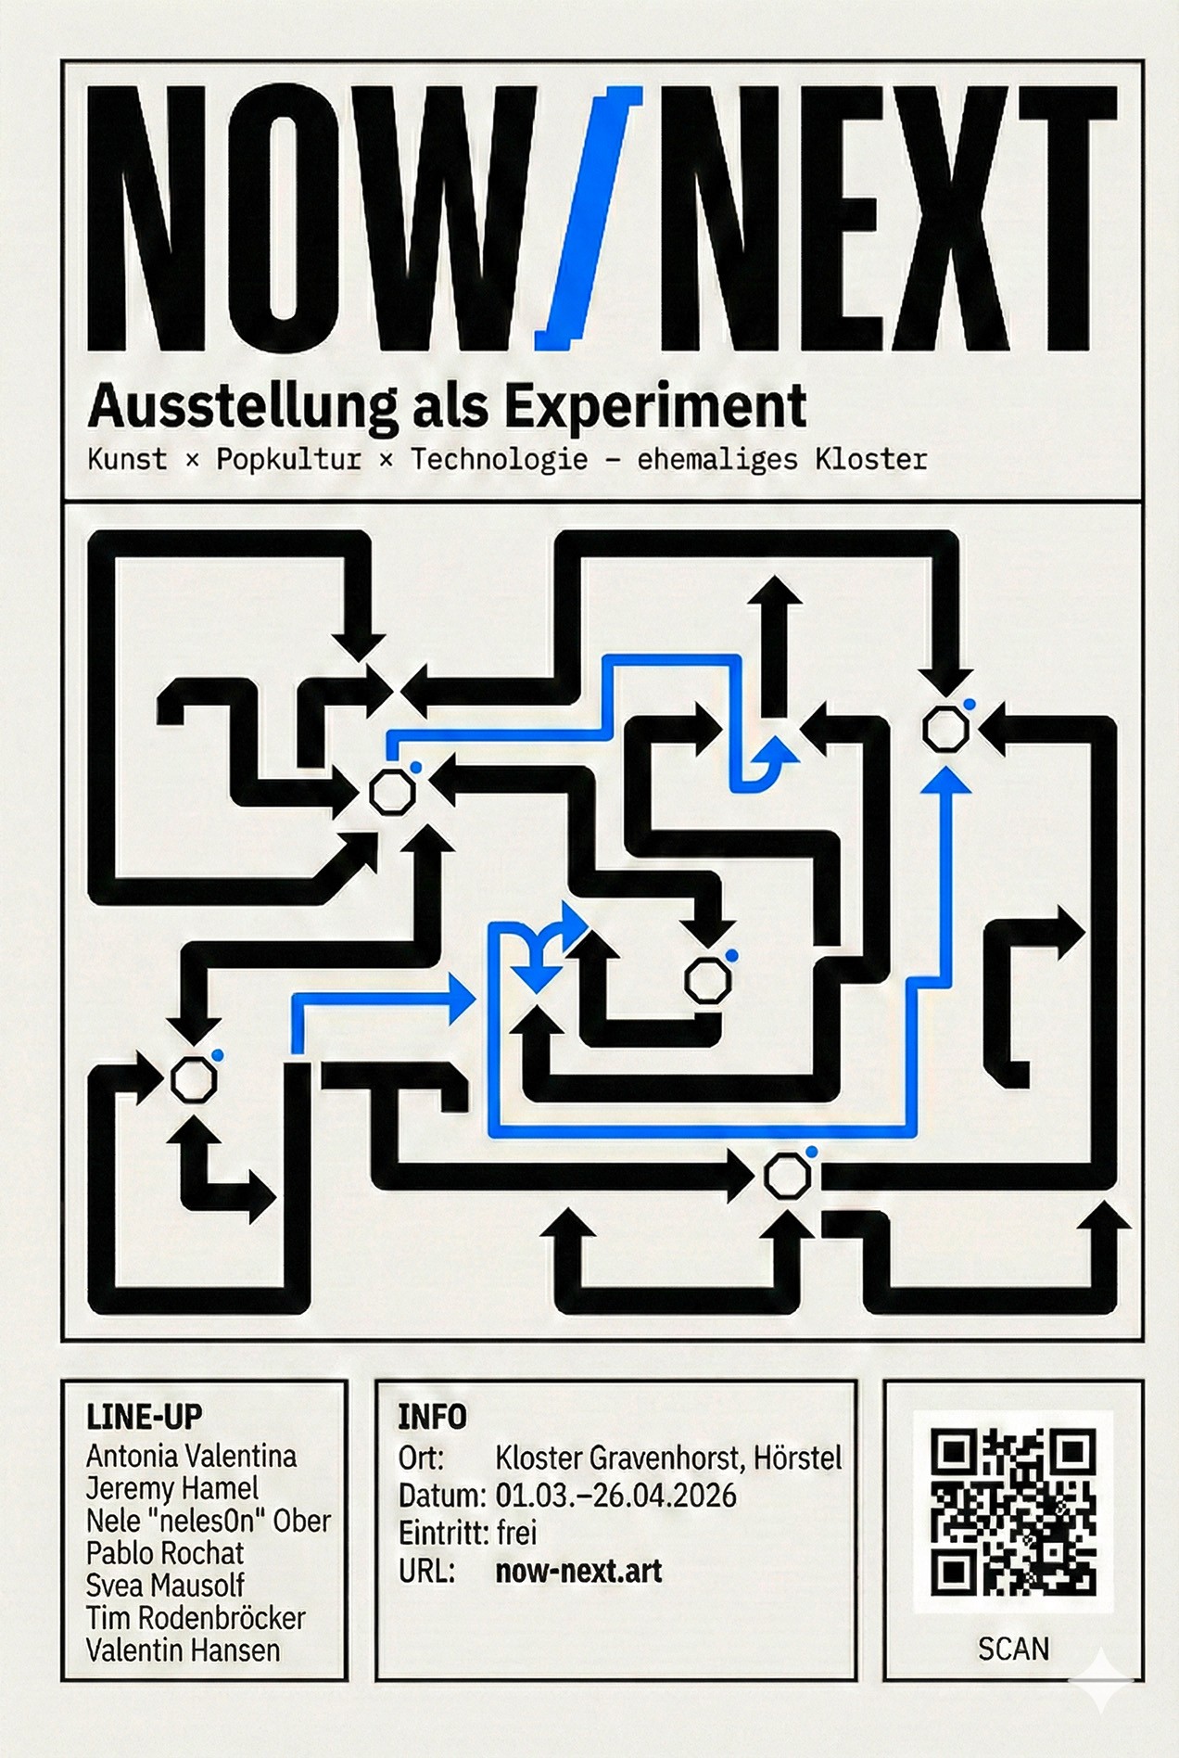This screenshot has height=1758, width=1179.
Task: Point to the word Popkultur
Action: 288,460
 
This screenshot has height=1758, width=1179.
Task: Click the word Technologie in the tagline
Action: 499,460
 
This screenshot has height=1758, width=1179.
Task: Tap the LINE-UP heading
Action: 144,1417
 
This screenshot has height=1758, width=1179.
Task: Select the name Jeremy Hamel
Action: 171,1488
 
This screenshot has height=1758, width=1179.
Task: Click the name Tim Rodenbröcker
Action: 196,1618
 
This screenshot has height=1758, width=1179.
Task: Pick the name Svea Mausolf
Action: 165,1586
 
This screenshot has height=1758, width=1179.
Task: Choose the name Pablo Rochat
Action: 165,1553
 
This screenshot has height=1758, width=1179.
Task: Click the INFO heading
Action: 432,1417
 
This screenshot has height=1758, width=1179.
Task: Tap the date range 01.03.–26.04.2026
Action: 615,1496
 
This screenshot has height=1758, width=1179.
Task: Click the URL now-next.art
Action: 578,1571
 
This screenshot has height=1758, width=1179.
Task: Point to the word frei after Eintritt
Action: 516,1533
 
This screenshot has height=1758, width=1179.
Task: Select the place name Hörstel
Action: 798,1459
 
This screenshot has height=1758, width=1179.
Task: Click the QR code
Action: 1013,1512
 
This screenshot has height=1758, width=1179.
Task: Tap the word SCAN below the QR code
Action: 1013,1649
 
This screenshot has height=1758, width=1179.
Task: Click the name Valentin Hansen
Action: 183,1650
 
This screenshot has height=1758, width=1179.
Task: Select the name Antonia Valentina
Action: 191,1456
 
